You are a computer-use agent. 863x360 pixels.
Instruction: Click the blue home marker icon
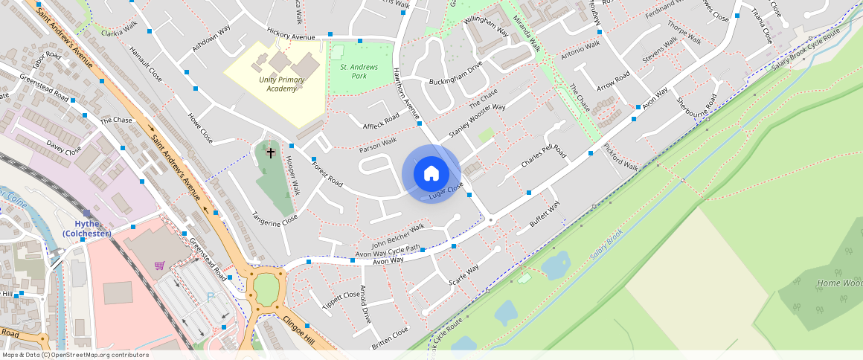431,174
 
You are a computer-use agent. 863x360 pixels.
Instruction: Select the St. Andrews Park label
359,71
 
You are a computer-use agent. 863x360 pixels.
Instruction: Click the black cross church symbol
271,152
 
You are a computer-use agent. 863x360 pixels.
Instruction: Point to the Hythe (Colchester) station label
86,228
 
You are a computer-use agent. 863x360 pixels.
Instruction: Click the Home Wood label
839,283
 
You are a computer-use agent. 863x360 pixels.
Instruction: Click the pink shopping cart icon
159,265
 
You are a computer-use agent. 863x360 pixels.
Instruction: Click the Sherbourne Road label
697,110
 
